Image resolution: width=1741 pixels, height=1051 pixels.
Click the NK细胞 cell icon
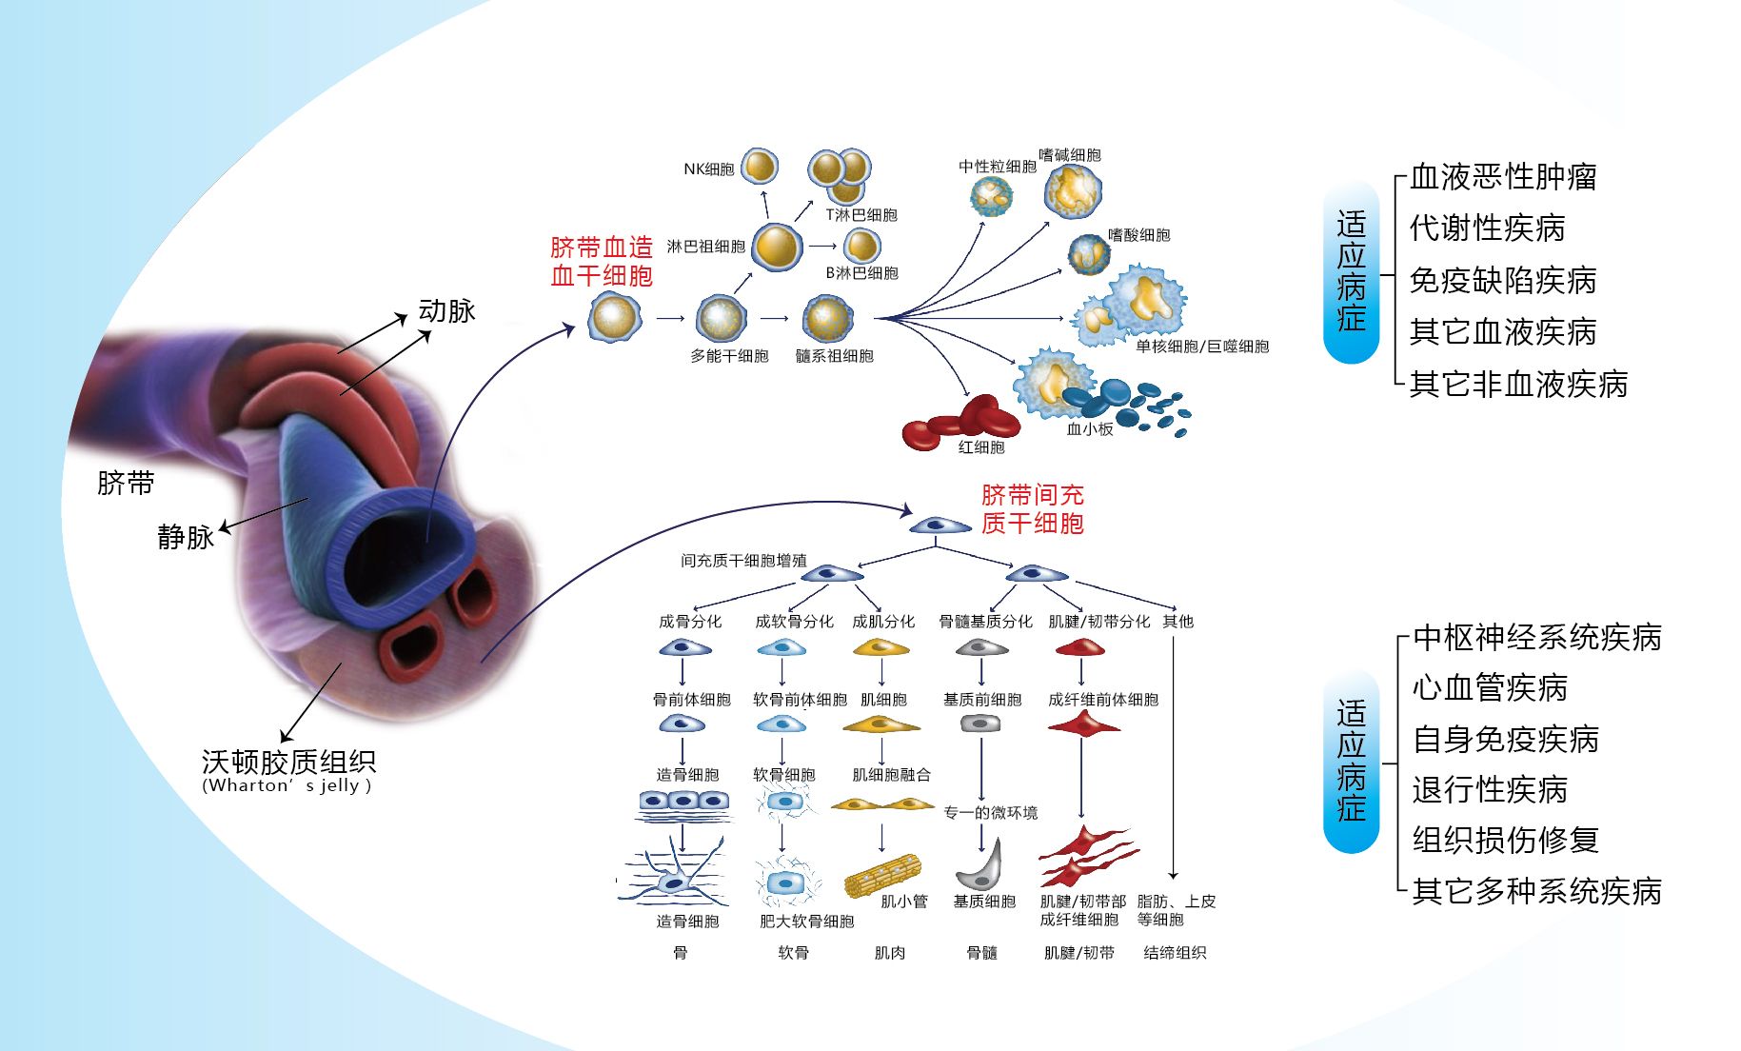(760, 167)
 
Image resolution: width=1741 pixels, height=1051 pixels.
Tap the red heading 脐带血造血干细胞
(602, 262)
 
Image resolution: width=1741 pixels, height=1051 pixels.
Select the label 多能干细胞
(729, 356)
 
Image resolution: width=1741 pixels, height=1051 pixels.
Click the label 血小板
(1090, 429)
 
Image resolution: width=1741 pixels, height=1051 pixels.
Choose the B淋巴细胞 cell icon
(862, 246)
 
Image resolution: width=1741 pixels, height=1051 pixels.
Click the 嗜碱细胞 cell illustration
(1073, 191)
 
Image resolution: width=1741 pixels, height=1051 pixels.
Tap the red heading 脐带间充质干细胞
(1033, 508)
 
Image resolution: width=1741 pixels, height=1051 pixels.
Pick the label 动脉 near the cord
(446, 311)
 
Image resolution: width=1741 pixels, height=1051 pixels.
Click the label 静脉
(187, 537)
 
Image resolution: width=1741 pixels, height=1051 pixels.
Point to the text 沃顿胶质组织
(288, 762)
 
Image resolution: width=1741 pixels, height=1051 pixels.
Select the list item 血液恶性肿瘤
(1503, 177)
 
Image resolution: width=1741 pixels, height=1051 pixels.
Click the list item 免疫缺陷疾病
(1503, 281)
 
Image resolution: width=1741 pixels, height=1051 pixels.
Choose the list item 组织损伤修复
(1506, 840)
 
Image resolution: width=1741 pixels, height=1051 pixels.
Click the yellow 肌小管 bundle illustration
(882, 875)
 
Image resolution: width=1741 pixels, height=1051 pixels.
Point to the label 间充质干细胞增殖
(743, 561)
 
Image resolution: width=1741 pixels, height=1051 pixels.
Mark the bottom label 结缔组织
(1175, 952)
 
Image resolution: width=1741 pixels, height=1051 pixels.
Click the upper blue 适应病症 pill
(1351, 271)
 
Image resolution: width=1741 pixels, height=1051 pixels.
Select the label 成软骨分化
(794, 622)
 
